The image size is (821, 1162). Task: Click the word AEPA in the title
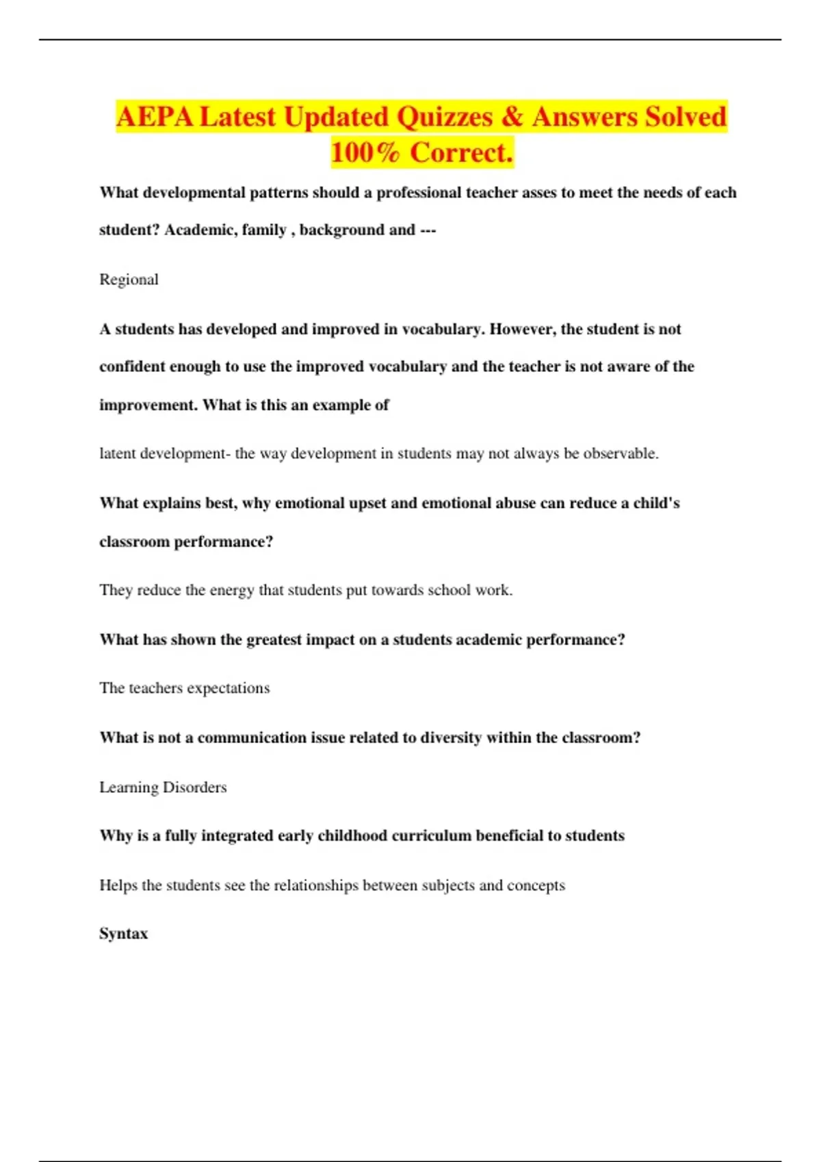pyautogui.click(x=155, y=117)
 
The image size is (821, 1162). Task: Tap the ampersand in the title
pyautogui.click(x=512, y=117)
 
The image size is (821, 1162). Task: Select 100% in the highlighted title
pyautogui.click(x=365, y=152)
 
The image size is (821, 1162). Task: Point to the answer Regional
pyautogui.click(x=129, y=280)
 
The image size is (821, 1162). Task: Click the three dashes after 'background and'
pyautogui.click(x=428, y=230)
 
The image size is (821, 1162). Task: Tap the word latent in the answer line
pyautogui.click(x=118, y=453)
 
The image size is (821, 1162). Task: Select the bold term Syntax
pyautogui.click(x=123, y=934)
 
